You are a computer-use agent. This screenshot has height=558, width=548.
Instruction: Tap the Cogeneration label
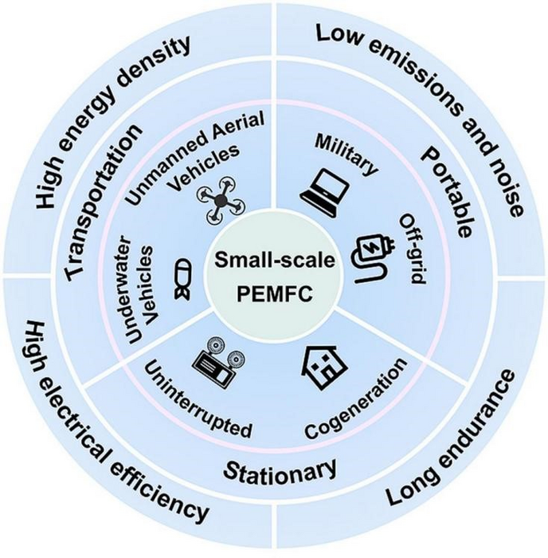(x=357, y=399)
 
